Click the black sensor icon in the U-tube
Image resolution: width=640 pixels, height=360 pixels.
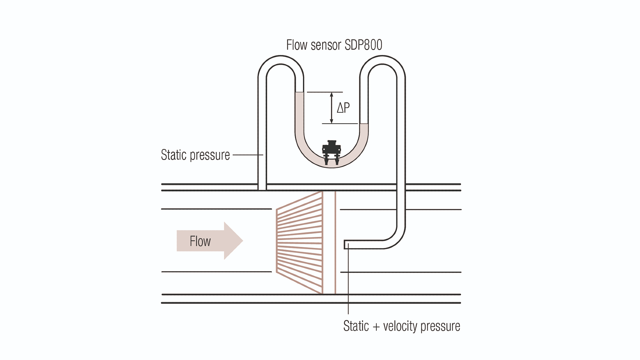coord(331,152)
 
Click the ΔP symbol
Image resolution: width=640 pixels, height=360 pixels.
coord(343,108)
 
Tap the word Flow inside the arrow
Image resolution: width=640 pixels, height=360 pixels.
coord(200,241)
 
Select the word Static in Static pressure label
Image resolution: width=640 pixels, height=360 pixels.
coord(174,155)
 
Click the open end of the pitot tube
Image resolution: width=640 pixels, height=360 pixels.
coord(345,244)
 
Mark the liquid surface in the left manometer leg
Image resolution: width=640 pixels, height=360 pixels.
coord(299,92)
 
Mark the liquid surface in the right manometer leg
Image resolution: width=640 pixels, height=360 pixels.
coord(364,124)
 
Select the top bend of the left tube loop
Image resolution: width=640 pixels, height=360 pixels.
coord(281,60)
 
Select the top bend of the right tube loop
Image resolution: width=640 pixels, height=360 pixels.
coord(382,60)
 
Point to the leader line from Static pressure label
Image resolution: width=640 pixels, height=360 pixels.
coord(247,155)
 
